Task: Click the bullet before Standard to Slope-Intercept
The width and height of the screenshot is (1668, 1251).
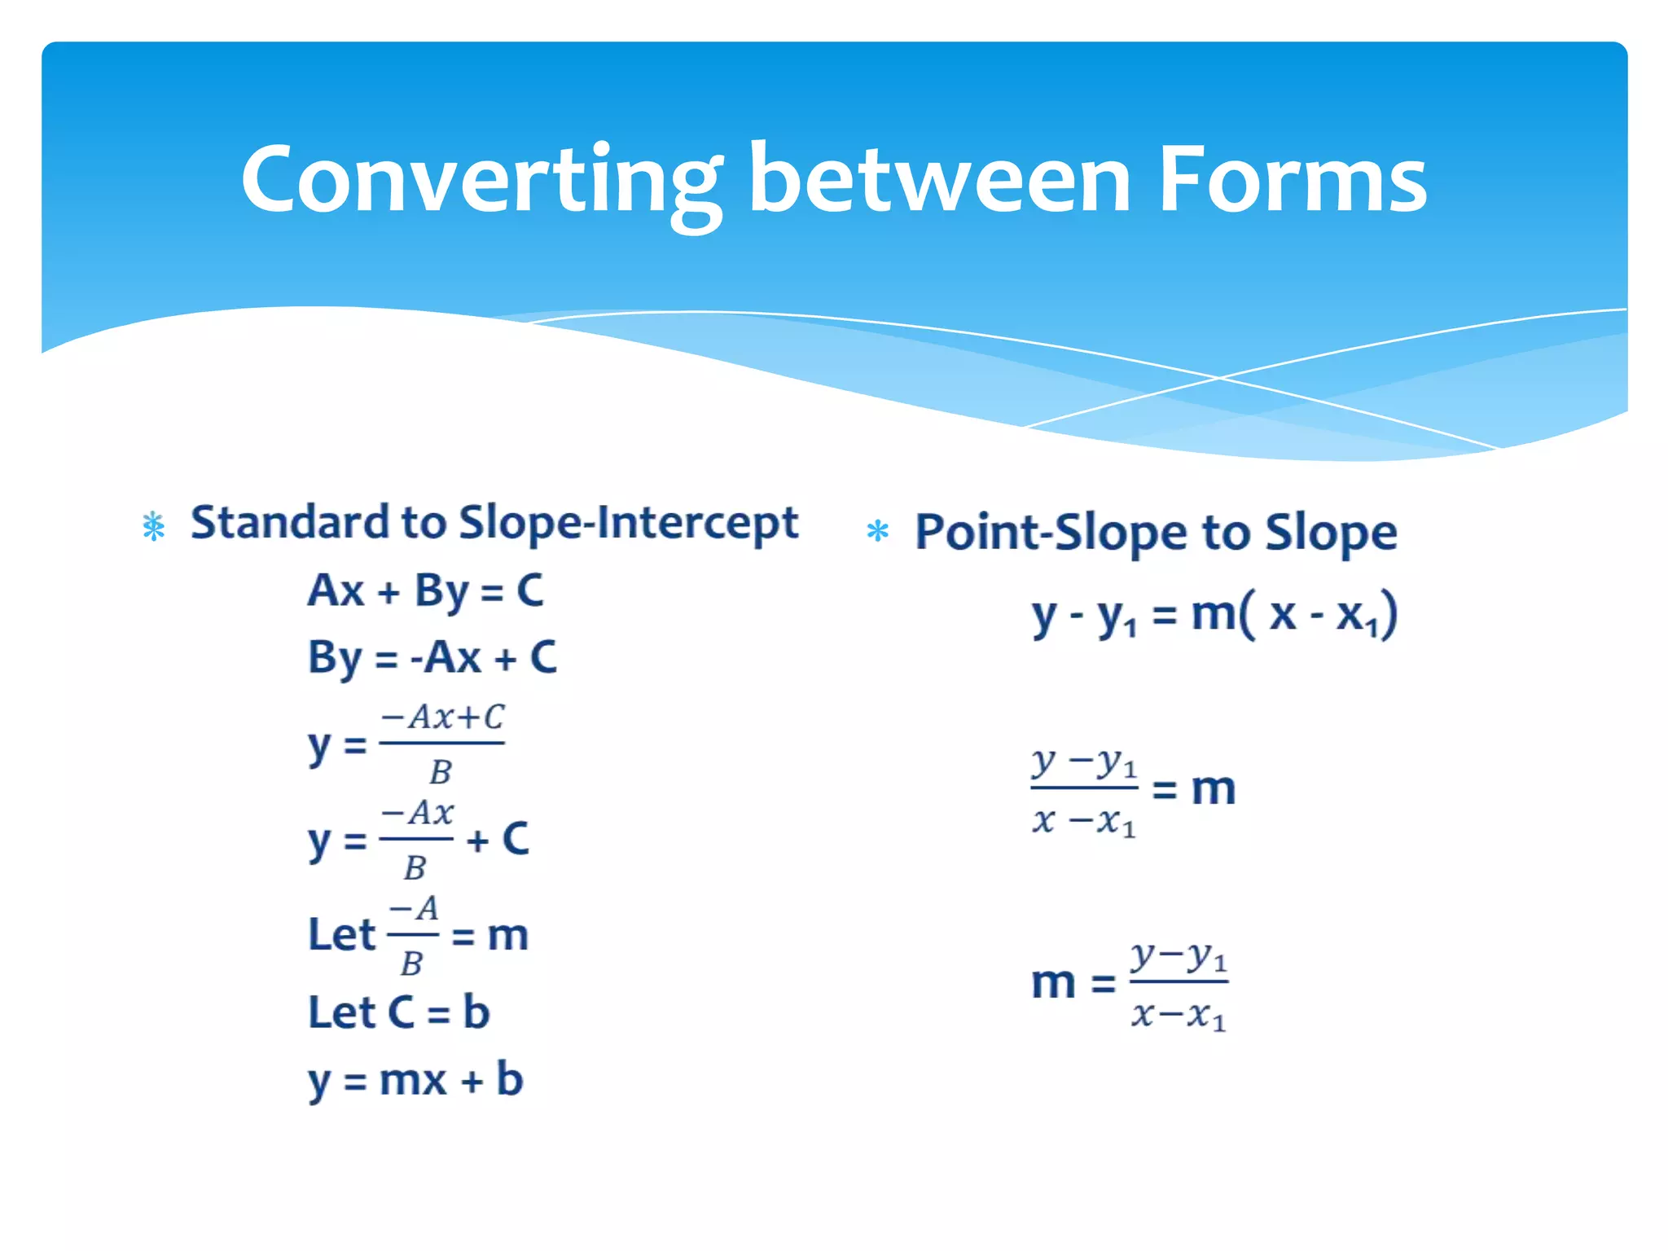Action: coord(153,526)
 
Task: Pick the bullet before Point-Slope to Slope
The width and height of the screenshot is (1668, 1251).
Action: coord(877,532)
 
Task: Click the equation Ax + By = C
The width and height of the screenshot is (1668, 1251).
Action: coord(425,592)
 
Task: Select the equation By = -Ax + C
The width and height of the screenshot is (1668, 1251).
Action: coord(432,658)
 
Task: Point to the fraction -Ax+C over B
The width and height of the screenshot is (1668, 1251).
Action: coord(442,744)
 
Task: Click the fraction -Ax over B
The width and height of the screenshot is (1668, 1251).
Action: coord(417,839)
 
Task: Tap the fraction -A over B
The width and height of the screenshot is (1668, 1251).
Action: coord(413,935)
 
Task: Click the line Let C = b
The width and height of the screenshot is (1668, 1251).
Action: coord(398,1013)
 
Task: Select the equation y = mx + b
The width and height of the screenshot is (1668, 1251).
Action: coord(415,1081)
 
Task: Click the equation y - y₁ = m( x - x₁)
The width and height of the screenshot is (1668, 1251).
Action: coord(1214,615)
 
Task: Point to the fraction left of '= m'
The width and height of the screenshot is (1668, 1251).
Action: coord(1084,790)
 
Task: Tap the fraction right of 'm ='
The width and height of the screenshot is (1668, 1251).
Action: coord(1179,985)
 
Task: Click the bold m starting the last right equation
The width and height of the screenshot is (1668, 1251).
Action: coord(1053,983)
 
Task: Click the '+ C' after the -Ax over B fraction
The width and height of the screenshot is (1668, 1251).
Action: coord(498,840)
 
